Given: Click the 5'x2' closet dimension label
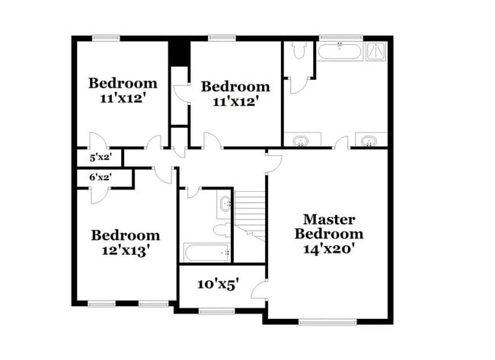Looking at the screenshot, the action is click(101, 157).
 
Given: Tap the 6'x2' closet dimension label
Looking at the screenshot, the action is click(101, 177).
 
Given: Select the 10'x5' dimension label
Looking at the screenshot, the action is click(218, 285).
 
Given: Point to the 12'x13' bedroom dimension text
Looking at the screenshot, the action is click(126, 251).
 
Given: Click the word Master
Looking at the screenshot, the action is click(329, 219).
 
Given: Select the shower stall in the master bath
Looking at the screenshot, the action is click(376, 51).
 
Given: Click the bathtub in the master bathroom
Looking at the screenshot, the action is click(339, 52).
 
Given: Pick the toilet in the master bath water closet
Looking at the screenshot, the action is click(299, 49).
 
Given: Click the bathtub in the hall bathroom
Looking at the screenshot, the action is click(207, 253).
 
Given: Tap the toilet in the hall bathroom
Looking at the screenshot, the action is click(222, 230).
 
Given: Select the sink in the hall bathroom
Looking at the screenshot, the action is click(225, 203).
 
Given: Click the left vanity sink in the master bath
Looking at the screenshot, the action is click(300, 140).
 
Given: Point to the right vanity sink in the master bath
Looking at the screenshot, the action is click(369, 140).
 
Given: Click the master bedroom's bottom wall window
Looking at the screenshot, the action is click(327, 322).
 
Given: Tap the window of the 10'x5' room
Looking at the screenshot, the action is click(216, 311).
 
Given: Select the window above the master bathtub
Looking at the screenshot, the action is click(341, 38).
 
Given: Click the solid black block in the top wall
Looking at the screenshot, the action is click(180, 53).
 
